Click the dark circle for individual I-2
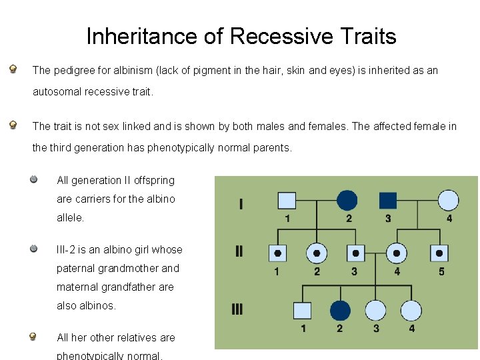tap(347, 200)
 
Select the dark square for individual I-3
tap(388, 200)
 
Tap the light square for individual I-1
tap(287, 200)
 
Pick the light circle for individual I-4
tap(449, 200)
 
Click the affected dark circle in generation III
tap(340, 310)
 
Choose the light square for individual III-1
tap(303, 310)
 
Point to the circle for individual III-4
tap(411, 310)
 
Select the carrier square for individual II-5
tap(439, 253)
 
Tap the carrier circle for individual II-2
tap(316, 253)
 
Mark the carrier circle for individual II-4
tap(397, 253)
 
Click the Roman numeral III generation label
tap(238, 309)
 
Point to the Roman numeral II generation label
tap(239, 251)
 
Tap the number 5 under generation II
tap(441, 271)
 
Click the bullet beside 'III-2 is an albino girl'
tap(33, 249)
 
